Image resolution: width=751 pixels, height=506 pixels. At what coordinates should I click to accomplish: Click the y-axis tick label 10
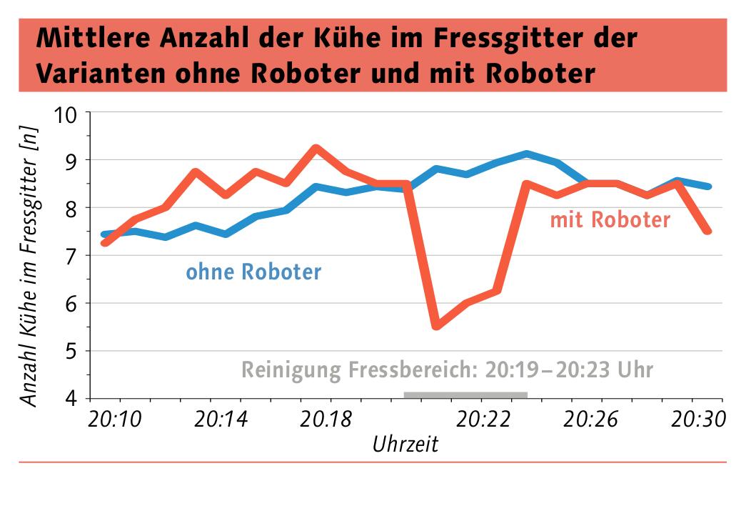click(x=69, y=114)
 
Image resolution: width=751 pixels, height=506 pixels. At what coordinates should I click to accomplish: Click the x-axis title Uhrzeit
click(x=405, y=445)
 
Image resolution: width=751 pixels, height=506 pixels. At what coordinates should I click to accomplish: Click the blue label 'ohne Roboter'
click(x=253, y=272)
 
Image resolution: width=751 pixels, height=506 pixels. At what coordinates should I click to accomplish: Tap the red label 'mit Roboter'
click(x=610, y=219)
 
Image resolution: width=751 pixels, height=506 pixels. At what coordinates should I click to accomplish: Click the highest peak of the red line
click(x=316, y=148)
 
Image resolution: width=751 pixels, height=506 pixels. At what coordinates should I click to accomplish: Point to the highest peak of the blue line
click(x=526, y=154)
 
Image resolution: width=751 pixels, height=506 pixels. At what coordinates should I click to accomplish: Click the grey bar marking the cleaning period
click(x=465, y=395)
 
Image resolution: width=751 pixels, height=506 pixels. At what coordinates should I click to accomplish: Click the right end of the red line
click(x=707, y=231)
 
